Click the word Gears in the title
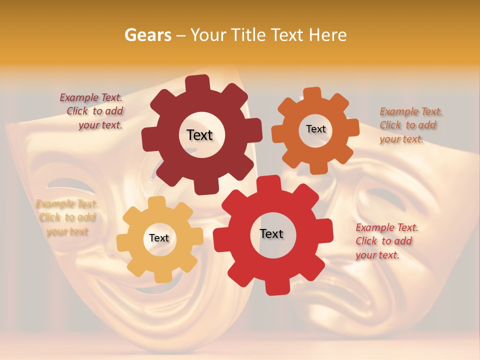point(147,35)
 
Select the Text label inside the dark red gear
point(199,135)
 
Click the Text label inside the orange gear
point(315,129)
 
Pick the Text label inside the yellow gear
point(158,238)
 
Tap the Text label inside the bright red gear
point(271,233)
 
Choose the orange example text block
point(410,125)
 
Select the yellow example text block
point(67,217)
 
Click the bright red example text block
point(386,241)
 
